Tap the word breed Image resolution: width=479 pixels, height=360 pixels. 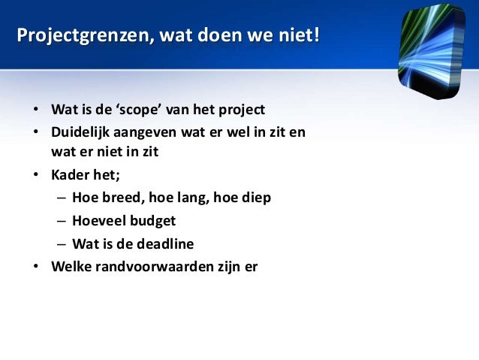click(x=121, y=198)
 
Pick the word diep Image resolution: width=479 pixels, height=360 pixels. click(x=256, y=198)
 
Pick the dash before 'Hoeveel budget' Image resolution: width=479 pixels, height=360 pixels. click(x=60, y=221)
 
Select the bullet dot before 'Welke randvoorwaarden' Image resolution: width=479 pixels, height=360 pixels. click(x=35, y=266)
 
